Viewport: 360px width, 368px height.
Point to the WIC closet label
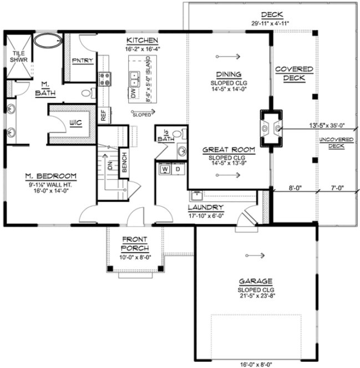coord(75,122)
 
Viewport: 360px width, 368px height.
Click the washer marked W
coord(164,170)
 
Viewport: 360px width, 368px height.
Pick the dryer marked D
coord(178,170)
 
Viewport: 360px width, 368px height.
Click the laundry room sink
coord(195,195)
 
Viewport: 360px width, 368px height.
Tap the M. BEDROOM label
coord(50,176)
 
